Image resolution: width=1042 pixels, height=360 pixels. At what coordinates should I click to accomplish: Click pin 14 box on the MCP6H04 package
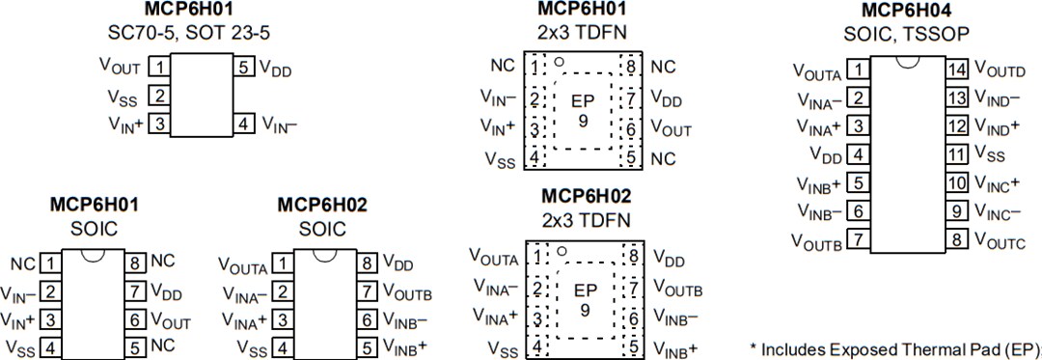click(x=956, y=69)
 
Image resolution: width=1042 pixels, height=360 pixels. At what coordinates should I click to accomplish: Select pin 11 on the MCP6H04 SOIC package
click(x=956, y=153)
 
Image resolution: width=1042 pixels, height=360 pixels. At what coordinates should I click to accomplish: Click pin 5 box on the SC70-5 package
click(x=245, y=68)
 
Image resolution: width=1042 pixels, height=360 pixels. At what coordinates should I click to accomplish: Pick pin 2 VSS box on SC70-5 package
click(x=160, y=96)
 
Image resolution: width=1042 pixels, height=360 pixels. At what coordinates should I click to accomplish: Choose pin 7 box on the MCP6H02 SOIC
click(x=368, y=291)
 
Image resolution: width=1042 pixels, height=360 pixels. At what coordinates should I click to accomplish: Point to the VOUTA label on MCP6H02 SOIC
click(x=243, y=263)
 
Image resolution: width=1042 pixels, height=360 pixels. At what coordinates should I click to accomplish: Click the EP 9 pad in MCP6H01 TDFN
click(x=583, y=111)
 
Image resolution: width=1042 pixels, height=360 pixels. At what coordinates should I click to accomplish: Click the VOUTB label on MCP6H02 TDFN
click(x=677, y=288)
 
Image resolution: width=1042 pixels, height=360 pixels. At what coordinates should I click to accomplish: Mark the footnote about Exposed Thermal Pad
click(x=894, y=347)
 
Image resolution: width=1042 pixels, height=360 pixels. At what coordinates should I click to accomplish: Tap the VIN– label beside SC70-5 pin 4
click(x=280, y=125)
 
